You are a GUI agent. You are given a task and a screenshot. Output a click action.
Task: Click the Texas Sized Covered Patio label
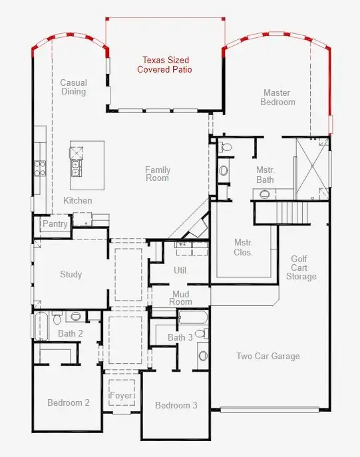point(164,64)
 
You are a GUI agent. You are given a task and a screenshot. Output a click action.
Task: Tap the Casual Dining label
point(73,87)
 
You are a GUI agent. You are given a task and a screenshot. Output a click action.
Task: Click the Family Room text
point(158,174)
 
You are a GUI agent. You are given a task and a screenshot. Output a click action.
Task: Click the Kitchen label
point(78,200)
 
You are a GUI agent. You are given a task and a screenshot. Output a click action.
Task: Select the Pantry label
point(55,224)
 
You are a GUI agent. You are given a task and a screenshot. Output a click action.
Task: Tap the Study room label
point(71,274)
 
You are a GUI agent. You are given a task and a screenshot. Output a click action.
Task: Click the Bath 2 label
point(70,333)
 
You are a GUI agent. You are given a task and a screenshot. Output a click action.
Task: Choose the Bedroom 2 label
point(68,402)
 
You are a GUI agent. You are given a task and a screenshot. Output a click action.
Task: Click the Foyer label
point(121,396)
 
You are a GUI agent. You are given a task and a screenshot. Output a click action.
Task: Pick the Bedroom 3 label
point(176,405)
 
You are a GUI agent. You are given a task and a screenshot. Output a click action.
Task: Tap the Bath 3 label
point(180,337)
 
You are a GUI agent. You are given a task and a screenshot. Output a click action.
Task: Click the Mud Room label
point(182,297)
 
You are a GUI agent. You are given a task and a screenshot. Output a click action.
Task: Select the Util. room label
point(181,270)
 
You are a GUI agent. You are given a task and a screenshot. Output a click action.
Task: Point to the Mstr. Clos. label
point(244,247)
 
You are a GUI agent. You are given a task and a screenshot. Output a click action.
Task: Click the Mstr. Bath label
point(265,174)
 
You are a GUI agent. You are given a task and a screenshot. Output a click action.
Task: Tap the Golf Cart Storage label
point(303,267)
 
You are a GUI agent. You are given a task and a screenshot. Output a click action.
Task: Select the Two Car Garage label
point(268,356)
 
